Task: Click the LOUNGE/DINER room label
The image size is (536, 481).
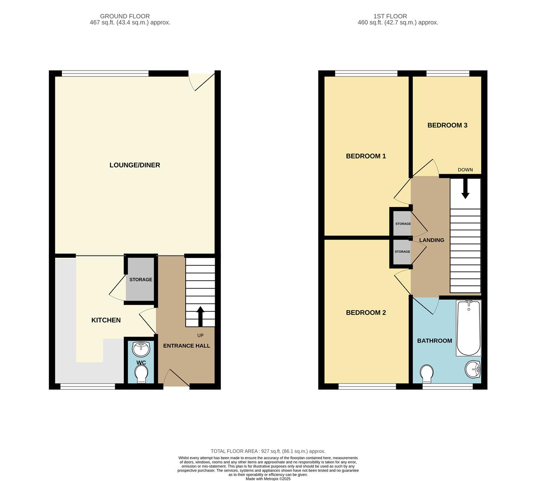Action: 134,165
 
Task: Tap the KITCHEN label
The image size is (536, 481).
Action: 106,320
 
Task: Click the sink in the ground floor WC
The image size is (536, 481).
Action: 141,348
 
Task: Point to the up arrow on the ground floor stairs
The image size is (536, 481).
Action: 200,316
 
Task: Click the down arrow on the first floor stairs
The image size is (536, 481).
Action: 465,189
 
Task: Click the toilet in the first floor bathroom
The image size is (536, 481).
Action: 426,373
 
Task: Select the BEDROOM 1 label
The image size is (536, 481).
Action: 366,156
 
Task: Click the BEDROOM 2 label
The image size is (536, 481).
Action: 366,313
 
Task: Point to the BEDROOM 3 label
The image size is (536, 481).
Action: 447,126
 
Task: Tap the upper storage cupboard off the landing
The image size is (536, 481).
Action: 402,222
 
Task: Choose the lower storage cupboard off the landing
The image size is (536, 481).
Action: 402,253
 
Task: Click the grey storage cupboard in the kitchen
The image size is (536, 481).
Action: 141,280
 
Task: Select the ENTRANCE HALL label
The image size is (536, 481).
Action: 187,346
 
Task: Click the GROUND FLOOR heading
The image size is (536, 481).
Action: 125,16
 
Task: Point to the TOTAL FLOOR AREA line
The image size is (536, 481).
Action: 268,451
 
